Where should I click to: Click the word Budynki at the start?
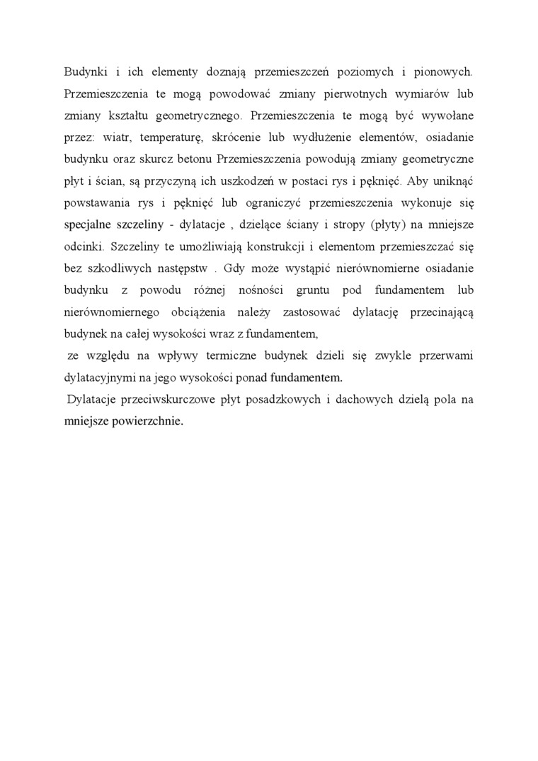tap(84, 71)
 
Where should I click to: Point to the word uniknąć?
tap(451, 181)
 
